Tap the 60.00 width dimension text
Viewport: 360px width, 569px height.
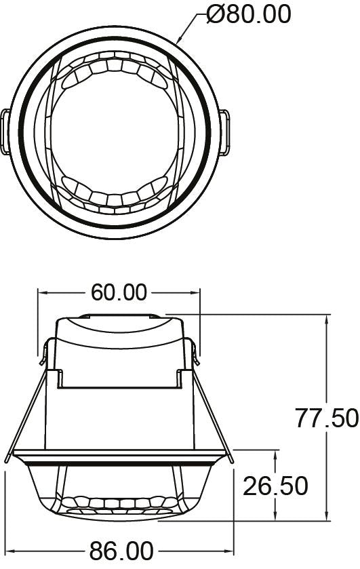[119, 293]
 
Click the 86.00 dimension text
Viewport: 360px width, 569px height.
[120, 551]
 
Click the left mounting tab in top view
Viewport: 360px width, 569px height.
[5, 132]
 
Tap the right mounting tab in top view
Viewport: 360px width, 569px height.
[224, 132]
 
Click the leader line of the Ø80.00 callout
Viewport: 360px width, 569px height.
[190, 27]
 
